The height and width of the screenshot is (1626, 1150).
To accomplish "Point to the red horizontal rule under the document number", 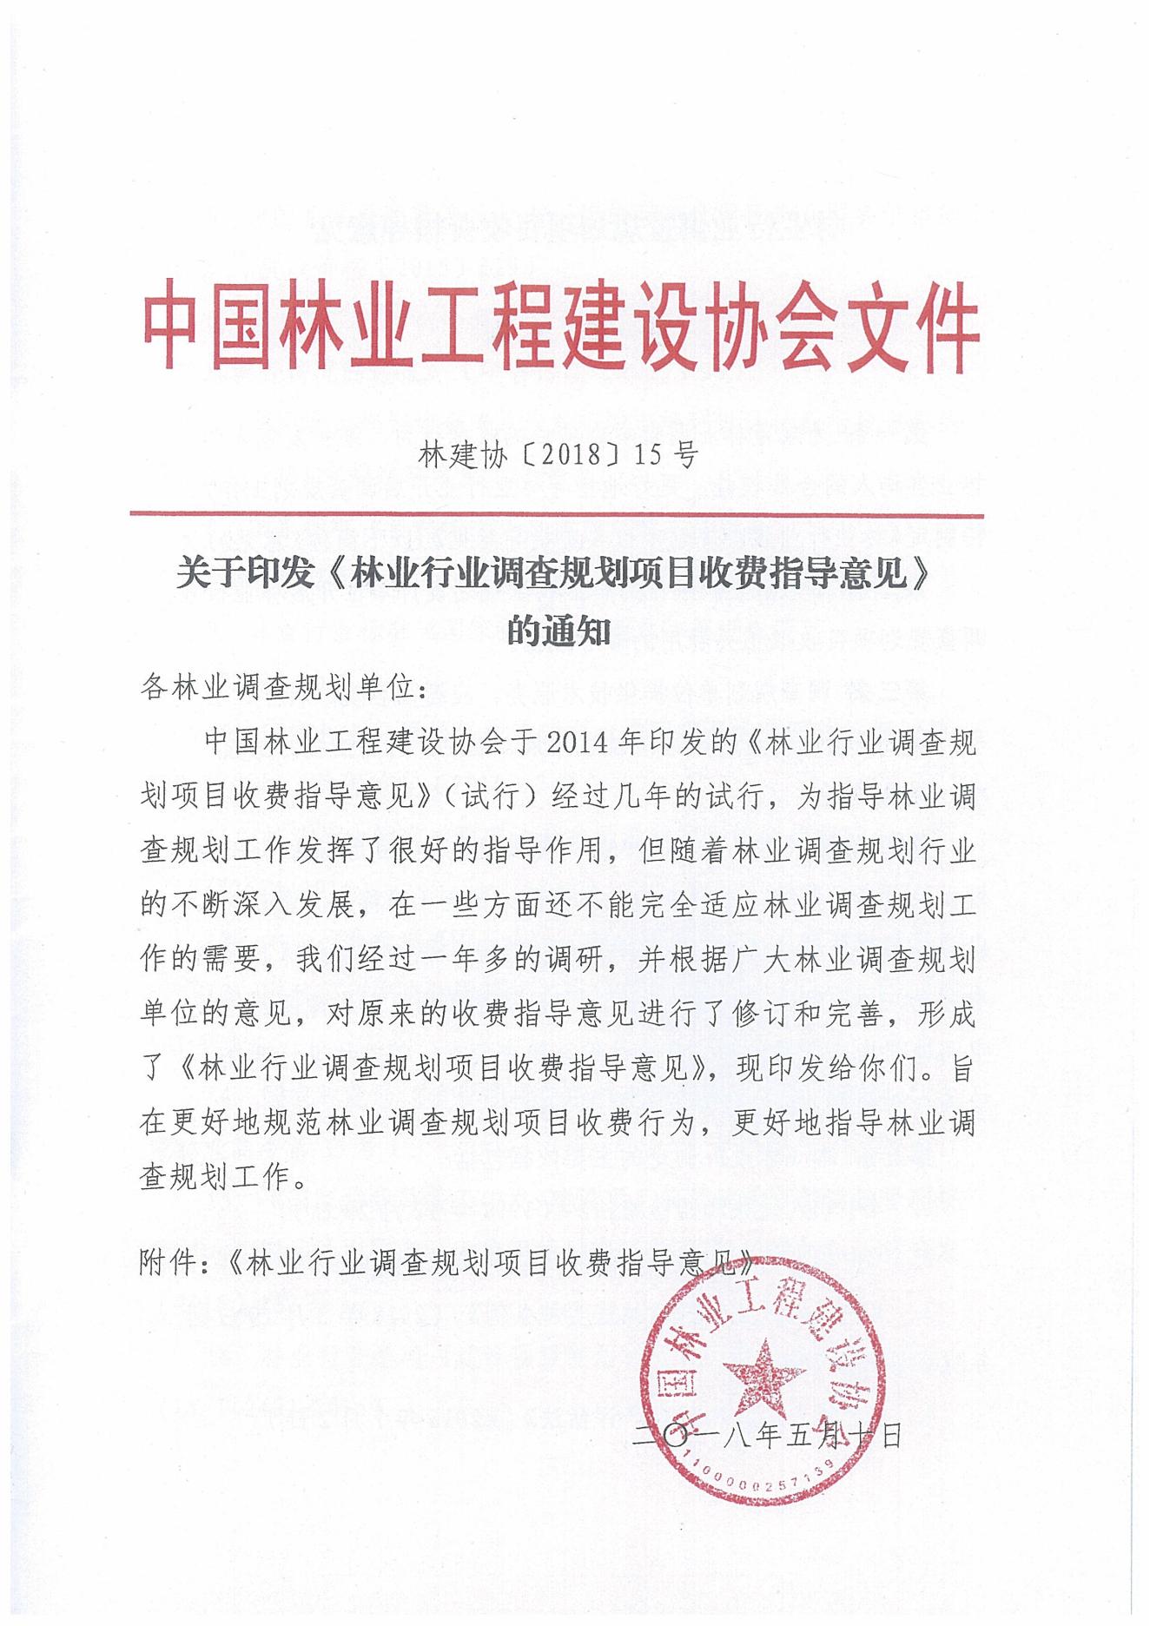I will [556, 514].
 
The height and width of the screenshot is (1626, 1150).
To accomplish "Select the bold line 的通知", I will [558, 631].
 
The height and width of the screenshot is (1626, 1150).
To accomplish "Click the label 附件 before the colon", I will [168, 1263].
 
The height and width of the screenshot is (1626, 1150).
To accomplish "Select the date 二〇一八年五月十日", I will [769, 1435].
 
